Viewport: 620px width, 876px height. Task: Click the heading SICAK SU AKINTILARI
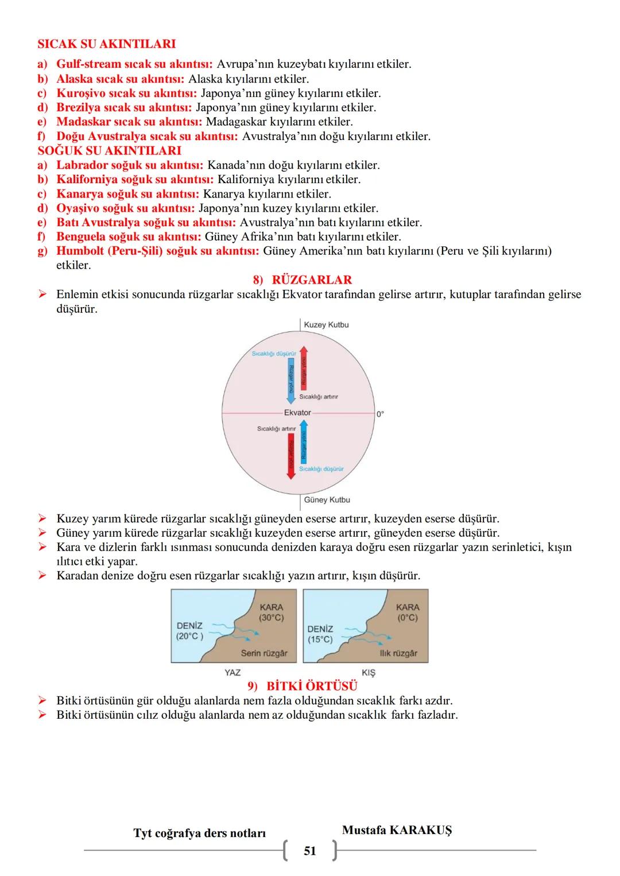click(106, 44)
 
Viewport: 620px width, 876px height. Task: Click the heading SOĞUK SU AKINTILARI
click(109, 150)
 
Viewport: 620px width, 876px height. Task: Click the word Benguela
click(80, 237)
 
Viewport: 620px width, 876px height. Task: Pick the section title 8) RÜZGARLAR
click(302, 280)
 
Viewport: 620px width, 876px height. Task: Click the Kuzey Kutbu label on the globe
click(326, 325)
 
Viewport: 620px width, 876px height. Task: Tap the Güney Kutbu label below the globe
click(327, 500)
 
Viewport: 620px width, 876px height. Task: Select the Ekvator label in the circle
click(297, 412)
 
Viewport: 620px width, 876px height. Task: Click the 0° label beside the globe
click(380, 413)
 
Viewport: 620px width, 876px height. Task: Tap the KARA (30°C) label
click(271, 612)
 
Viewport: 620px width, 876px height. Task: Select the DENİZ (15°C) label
click(320, 634)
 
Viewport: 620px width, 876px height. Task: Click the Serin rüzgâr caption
click(264, 653)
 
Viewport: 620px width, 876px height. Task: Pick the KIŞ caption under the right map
click(368, 672)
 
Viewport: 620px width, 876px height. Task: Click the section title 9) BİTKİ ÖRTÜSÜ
click(302, 687)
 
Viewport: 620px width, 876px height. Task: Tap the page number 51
click(310, 851)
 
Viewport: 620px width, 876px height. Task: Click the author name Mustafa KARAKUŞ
click(397, 830)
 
